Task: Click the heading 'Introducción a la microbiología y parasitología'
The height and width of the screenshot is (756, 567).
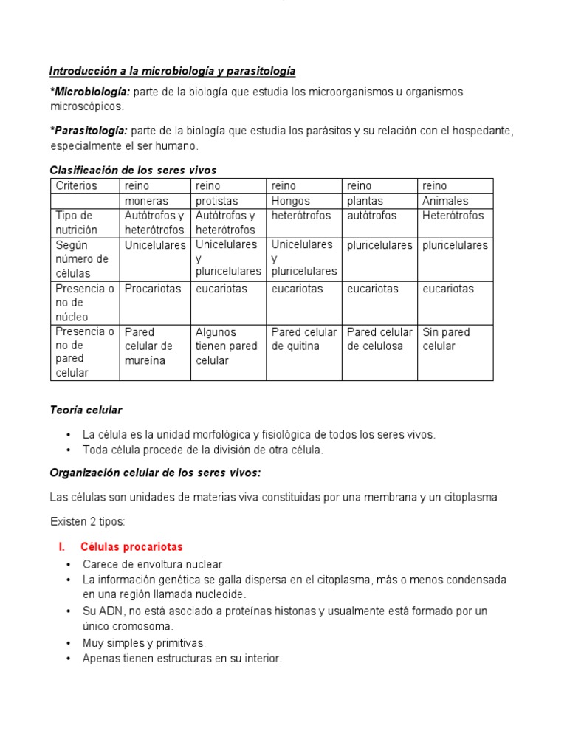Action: coord(172,72)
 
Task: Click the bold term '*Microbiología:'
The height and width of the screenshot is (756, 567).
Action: coord(89,92)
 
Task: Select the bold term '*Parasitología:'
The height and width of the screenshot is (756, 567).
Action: coord(89,131)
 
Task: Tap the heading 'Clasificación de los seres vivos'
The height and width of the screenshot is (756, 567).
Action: coord(133,171)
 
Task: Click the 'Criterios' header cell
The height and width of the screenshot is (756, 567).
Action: coord(77,186)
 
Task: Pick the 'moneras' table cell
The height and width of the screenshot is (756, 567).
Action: coord(146,201)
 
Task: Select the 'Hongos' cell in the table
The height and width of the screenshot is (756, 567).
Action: coord(291,201)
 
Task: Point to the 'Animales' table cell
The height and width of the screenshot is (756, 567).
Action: coord(445,201)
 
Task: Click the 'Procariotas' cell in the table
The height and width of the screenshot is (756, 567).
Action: coord(153,289)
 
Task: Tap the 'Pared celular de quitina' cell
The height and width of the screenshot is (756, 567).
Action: coord(303,339)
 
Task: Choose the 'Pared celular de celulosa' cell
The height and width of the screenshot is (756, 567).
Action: coord(379,339)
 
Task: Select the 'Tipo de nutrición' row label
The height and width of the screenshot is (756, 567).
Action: coord(76,222)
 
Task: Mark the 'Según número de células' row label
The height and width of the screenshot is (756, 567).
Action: coord(81,259)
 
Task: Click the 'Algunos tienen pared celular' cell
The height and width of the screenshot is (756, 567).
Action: coord(226,346)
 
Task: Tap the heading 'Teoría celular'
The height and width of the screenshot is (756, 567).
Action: coord(86,410)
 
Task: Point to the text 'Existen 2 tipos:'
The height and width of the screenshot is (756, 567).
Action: coord(88,522)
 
